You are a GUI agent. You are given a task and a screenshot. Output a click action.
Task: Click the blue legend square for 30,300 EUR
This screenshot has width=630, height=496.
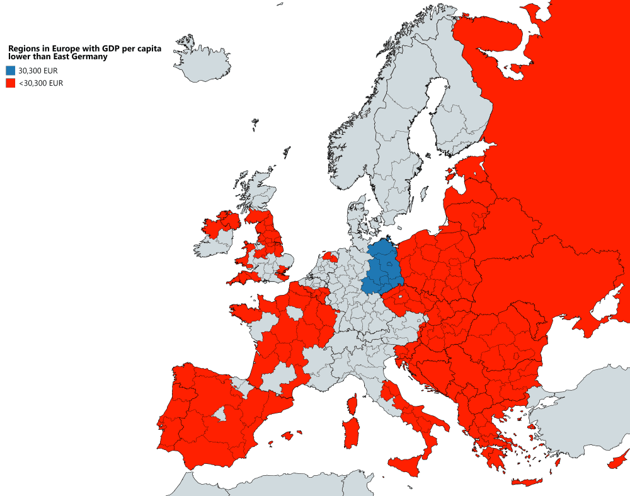click(11, 71)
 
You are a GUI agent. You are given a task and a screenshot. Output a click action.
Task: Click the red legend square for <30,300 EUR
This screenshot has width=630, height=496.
click(11, 83)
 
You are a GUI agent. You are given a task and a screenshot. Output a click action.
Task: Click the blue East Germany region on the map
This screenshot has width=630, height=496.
click(383, 268)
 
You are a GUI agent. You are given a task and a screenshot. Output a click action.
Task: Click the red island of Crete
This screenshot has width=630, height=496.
click(527, 482)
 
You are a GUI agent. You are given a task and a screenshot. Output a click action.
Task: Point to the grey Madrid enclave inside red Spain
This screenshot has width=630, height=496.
click(219, 414)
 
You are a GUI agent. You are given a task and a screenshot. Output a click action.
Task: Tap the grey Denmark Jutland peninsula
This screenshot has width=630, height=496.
click(356, 214)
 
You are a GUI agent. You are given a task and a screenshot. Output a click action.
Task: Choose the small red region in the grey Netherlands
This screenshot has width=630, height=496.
click(329, 257)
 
